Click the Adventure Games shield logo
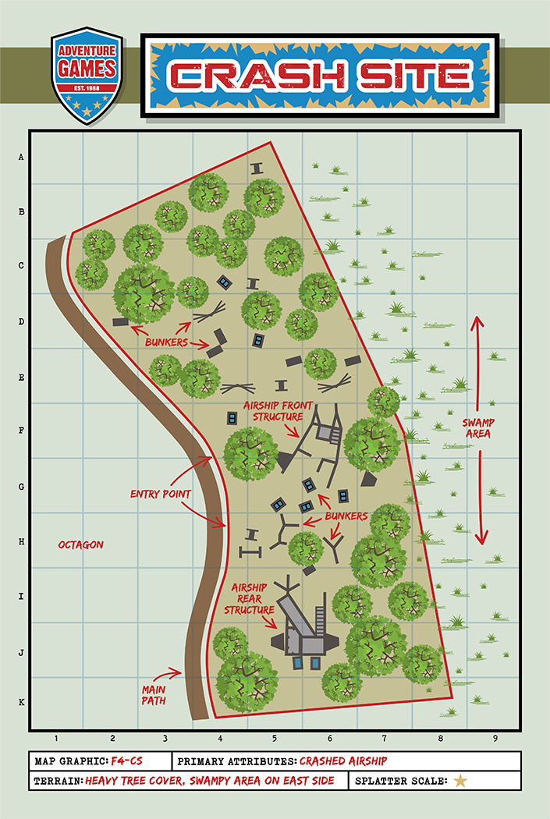tap(86, 76)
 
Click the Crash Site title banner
tap(320, 75)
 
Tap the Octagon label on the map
tap(80, 544)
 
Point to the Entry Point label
tap(161, 494)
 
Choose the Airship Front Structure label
tap(271, 411)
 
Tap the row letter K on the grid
tap(21, 702)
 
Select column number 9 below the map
tap(495, 738)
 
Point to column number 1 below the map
tap(56, 738)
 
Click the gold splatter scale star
tap(461, 780)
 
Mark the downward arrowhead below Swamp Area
tap(482, 538)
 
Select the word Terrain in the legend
tap(57, 781)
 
